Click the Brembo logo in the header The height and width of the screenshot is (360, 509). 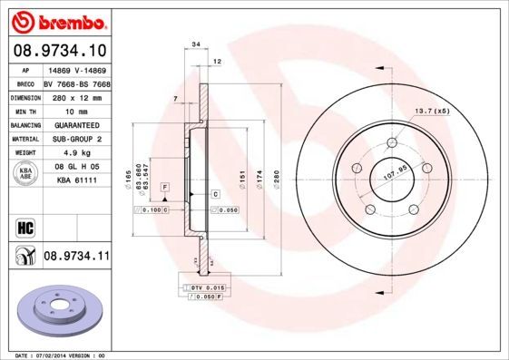(x=56, y=19)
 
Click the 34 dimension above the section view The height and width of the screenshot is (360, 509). (x=195, y=43)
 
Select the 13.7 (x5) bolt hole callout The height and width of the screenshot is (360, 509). (x=433, y=111)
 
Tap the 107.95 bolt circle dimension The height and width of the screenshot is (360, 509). (x=391, y=170)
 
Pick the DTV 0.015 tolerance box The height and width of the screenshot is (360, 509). (x=199, y=287)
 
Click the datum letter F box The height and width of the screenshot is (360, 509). (x=165, y=186)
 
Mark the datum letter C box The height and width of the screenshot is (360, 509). (x=216, y=194)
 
